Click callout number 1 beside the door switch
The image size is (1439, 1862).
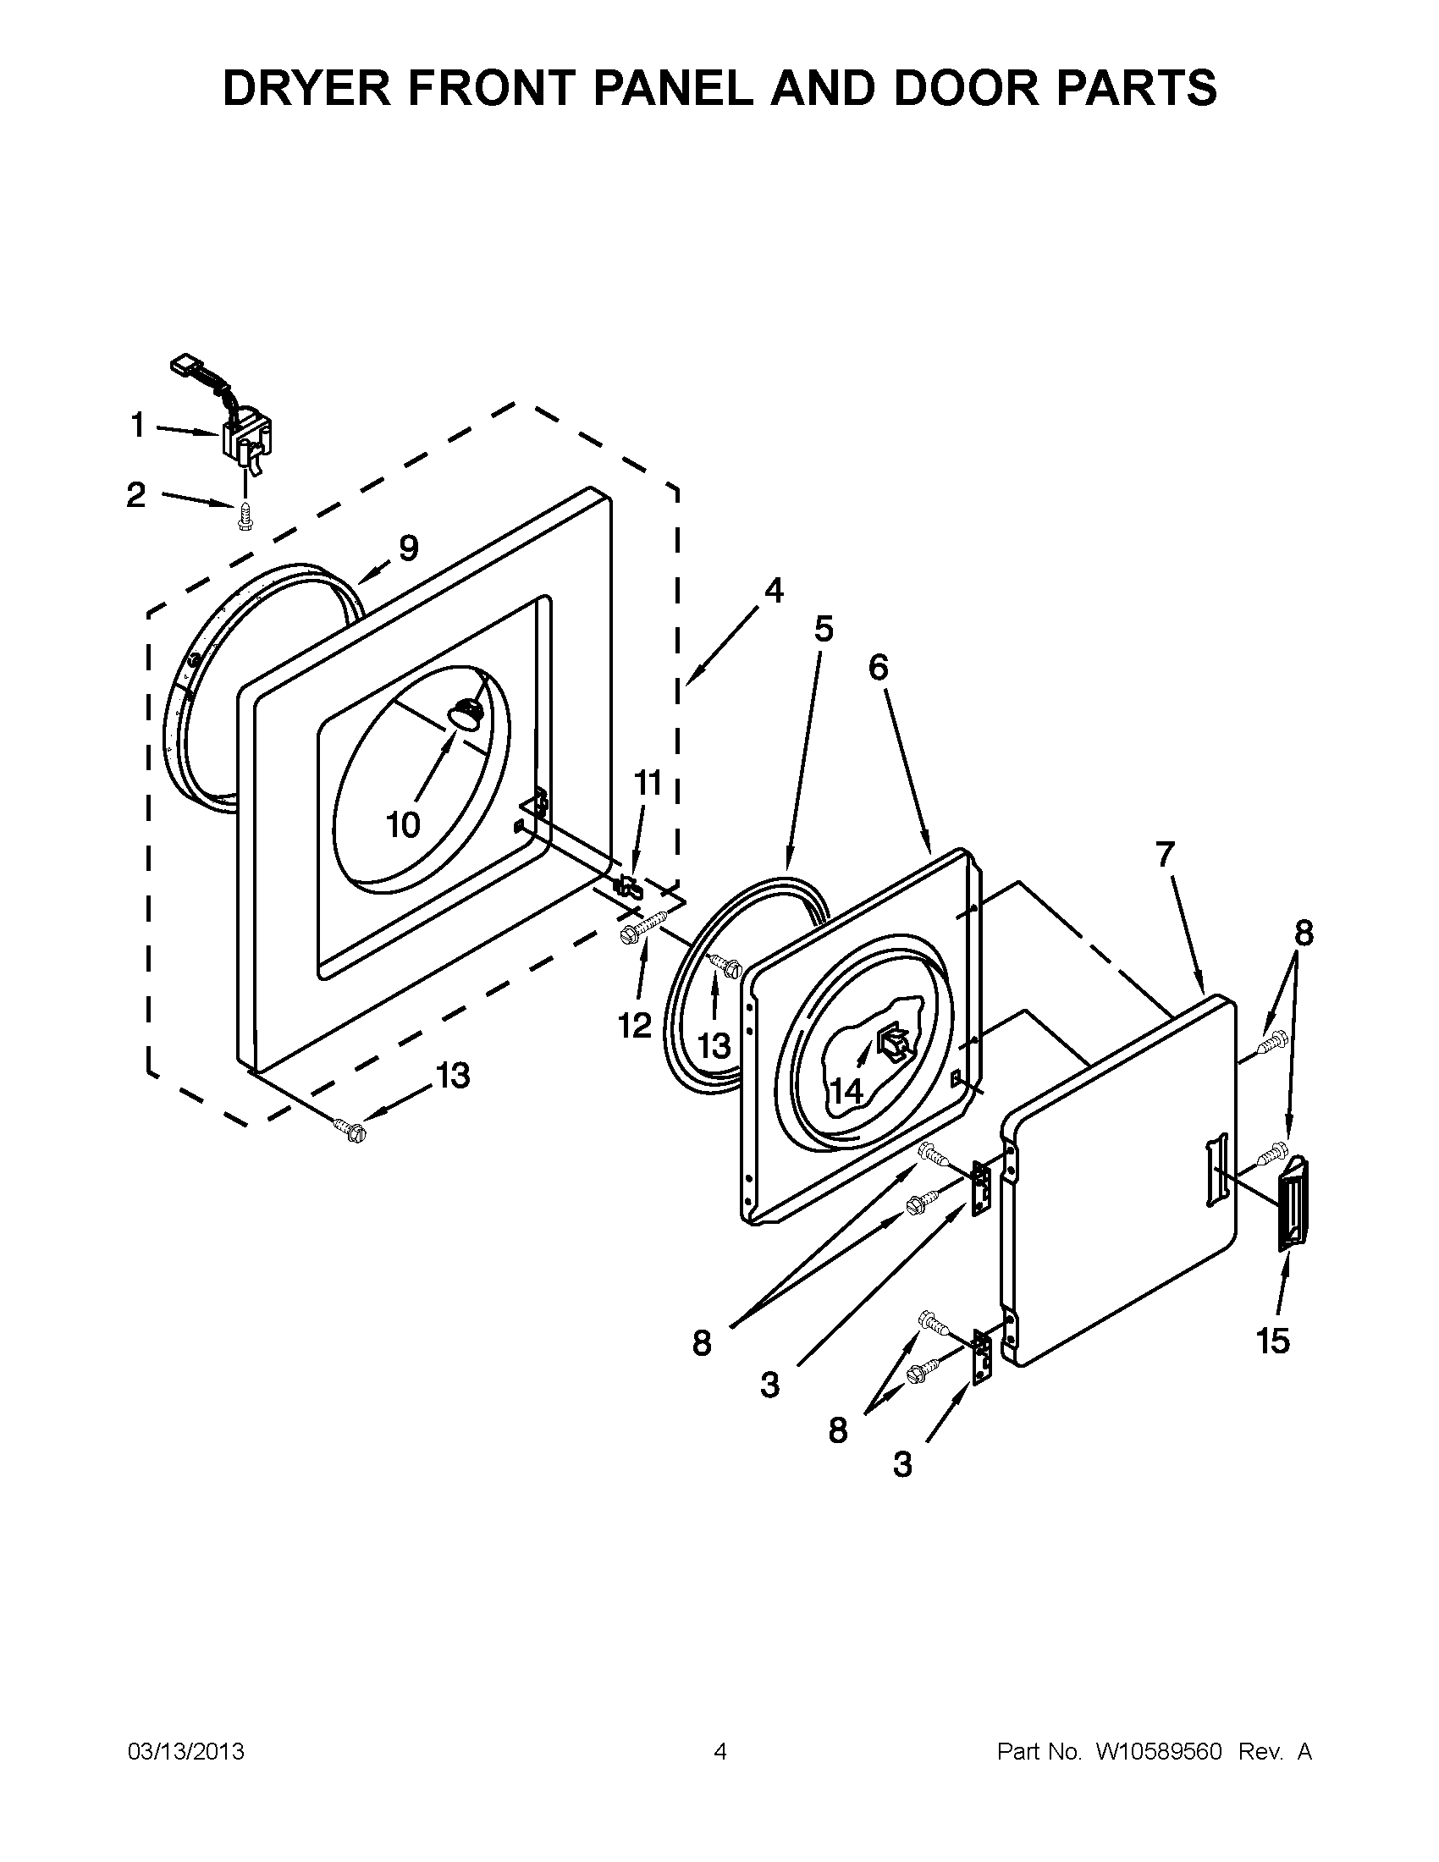138,425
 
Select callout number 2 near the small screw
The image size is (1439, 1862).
136,495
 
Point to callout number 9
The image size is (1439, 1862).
408,548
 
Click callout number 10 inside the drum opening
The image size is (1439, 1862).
403,824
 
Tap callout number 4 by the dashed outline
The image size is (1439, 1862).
773,590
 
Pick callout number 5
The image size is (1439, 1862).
823,628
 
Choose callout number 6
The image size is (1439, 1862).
878,668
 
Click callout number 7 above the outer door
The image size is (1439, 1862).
1166,853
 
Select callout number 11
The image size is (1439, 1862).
648,782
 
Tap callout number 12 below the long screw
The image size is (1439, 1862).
635,1026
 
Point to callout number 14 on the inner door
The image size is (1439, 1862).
846,1090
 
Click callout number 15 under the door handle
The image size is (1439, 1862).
1273,1342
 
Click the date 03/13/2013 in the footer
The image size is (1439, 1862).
186,1751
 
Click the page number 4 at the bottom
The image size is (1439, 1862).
720,1751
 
